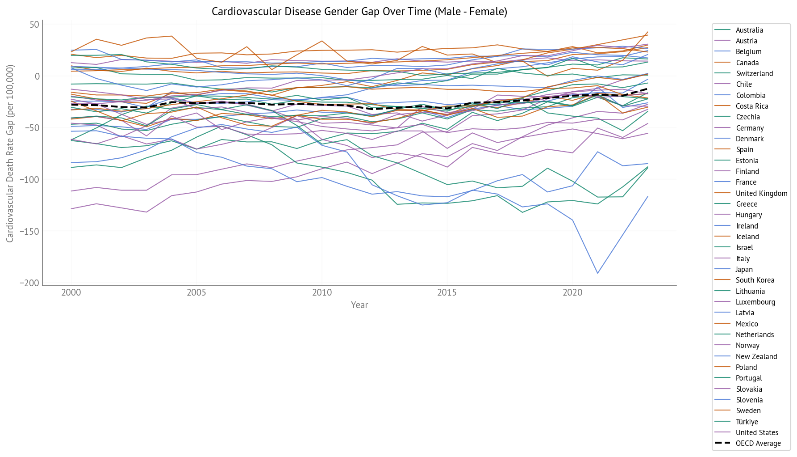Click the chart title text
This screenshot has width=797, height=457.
click(x=359, y=12)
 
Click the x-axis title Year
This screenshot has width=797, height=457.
click(x=359, y=305)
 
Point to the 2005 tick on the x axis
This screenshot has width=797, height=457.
click(x=196, y=293)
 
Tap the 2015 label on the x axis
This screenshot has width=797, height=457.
click(x=447, y=293)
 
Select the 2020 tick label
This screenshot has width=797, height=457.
click(x=572, y=293)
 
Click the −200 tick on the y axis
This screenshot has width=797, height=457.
click(x=29, y=283)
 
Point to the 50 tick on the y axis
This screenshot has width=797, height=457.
click(x=35, y=25)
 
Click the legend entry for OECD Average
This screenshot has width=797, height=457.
click(x=758, y=444)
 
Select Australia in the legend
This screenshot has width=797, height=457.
click(x=749, y=30)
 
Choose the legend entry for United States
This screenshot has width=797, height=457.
click(x=757, y=432)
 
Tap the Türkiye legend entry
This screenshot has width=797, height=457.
click(x=747, y=422)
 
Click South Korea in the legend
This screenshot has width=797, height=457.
click(x=755, y=280)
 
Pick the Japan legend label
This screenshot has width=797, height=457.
click(x=744, y=269)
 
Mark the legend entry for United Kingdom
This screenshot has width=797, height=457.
click(x=761, y=193)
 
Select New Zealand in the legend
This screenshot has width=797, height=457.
click(x=756, y=356)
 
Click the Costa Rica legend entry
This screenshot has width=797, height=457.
click(x=752, y=106)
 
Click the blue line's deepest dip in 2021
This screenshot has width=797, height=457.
click(x=597, y=273)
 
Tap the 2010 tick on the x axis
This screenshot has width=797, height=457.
click(x=322, y=293)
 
